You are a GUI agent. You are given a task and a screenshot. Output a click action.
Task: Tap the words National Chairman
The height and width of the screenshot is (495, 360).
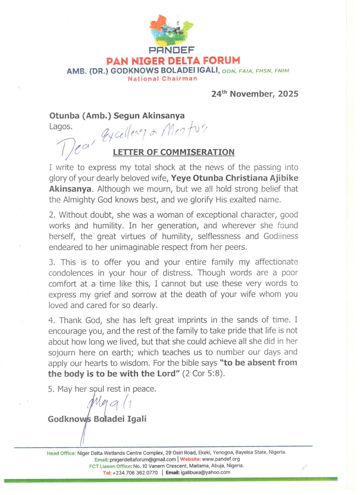point(162,78)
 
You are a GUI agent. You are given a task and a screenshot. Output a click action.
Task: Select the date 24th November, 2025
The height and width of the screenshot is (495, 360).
point(255,94)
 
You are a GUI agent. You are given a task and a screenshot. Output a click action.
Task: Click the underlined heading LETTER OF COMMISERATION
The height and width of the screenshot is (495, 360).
point(173,152)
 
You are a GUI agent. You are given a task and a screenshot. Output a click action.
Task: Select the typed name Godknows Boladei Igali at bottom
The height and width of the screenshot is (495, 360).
point(97,419)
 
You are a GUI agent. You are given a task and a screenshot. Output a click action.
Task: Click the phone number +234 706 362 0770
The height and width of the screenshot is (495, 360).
point(135,473)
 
